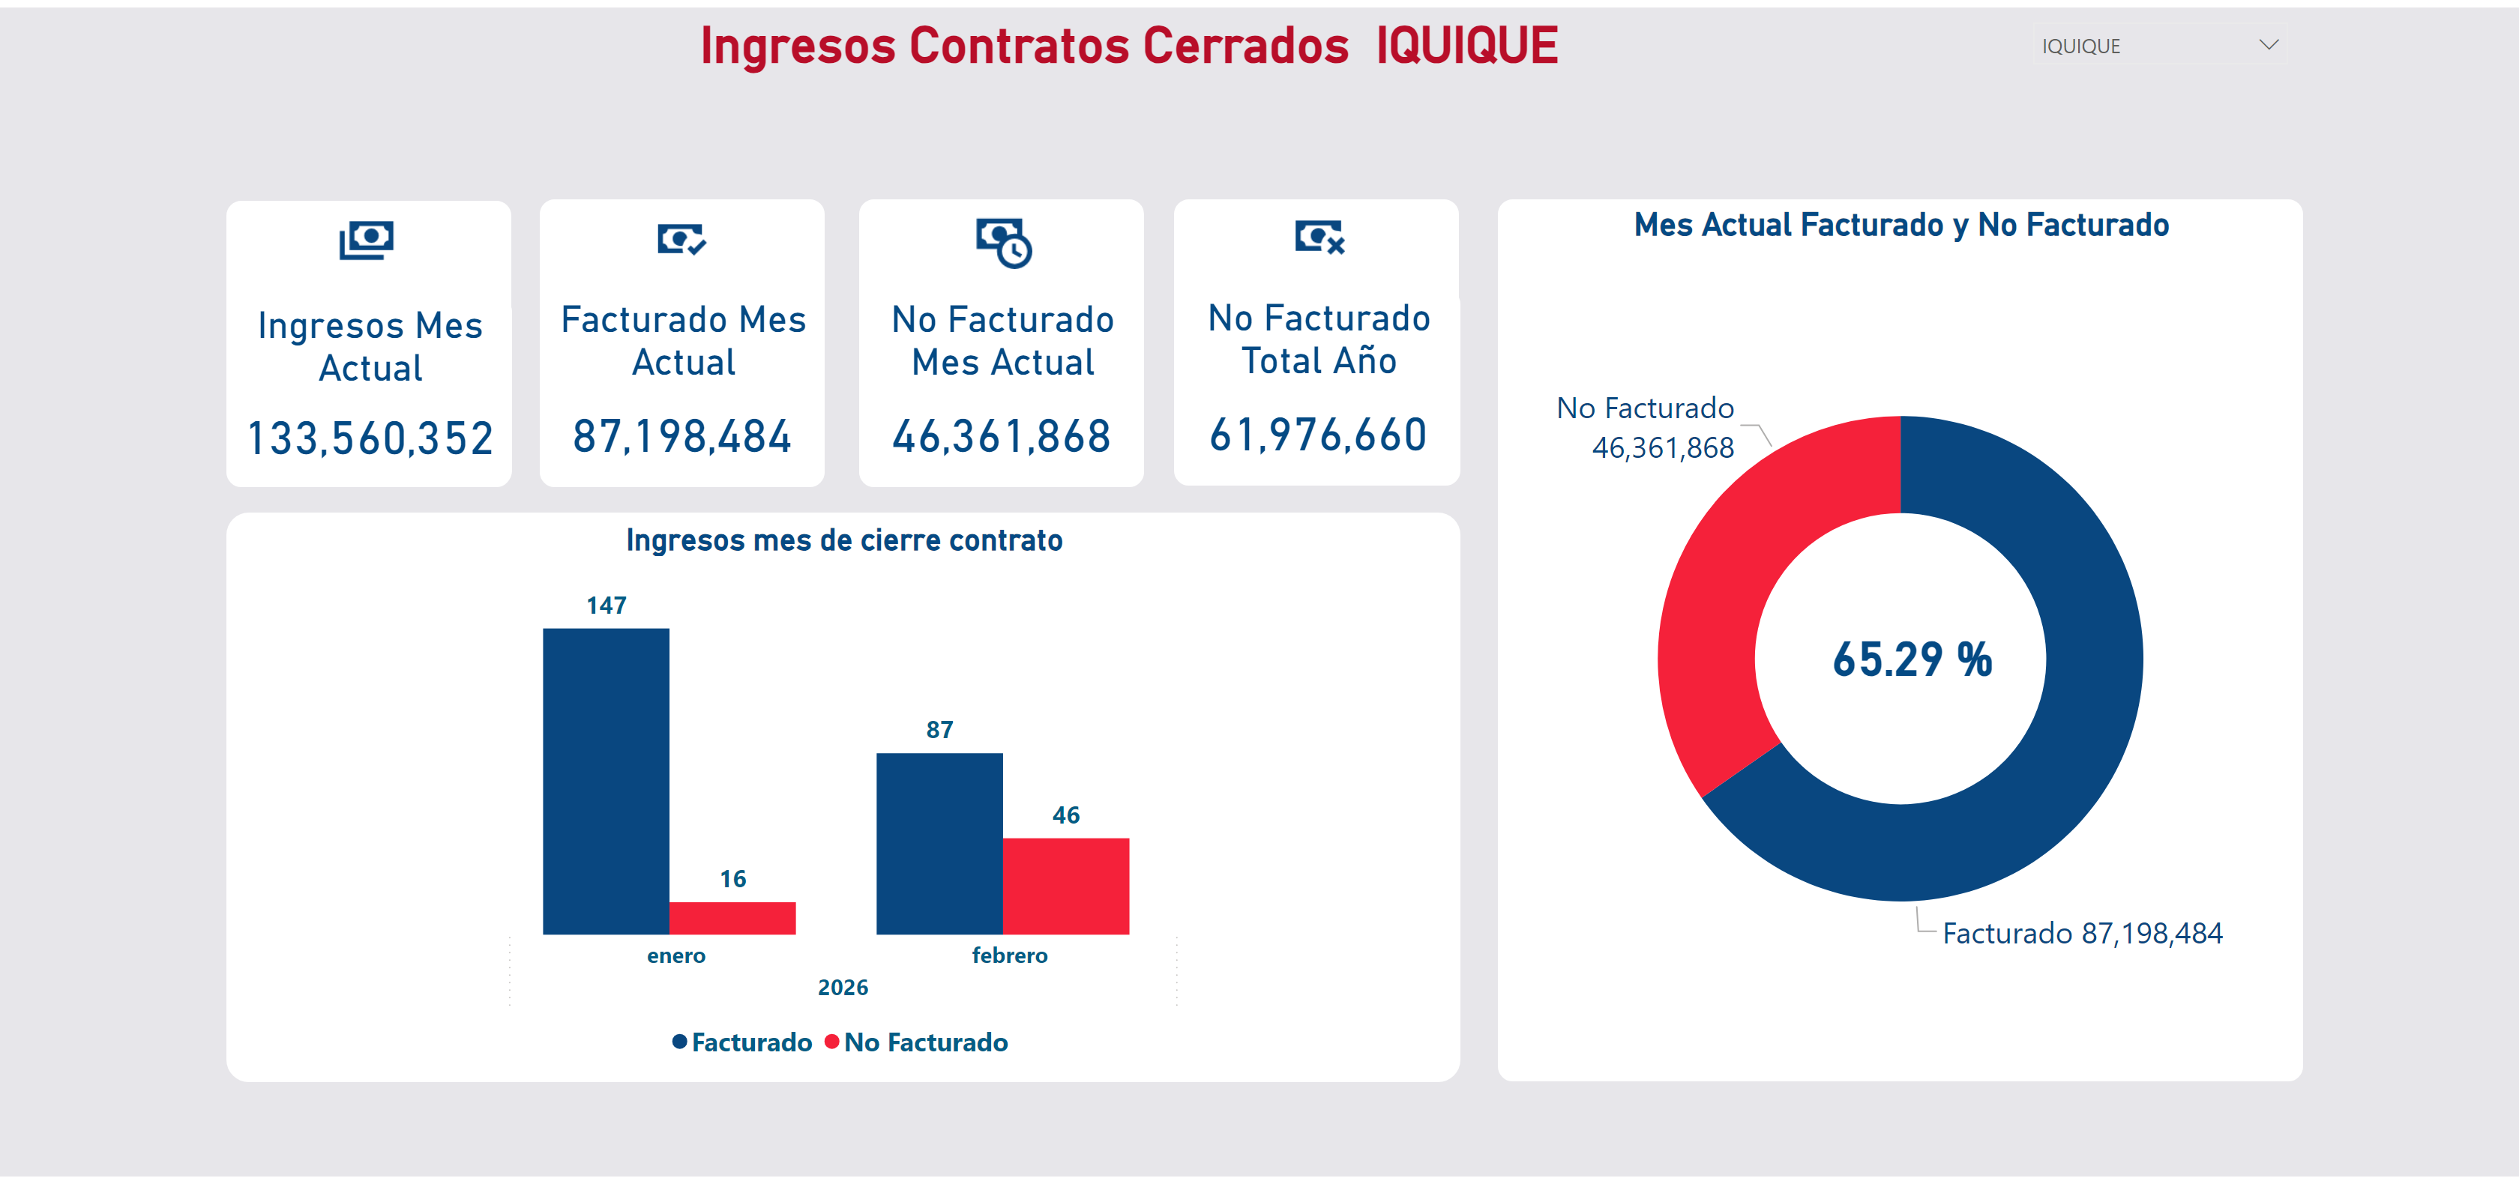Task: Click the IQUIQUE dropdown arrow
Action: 2269,45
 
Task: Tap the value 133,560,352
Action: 370,438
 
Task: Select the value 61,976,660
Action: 1317,435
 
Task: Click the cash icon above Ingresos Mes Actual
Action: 367,240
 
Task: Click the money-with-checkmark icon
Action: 681,238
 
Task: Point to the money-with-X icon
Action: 1319,237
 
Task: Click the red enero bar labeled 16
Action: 732,917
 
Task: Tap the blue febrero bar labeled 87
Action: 939,843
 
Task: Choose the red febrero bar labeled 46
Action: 1066,885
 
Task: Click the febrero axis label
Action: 1009,955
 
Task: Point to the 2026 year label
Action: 842,988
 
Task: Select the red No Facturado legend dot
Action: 831,1042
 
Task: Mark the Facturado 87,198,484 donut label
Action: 2082,933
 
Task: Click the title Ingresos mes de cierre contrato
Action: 844,541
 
